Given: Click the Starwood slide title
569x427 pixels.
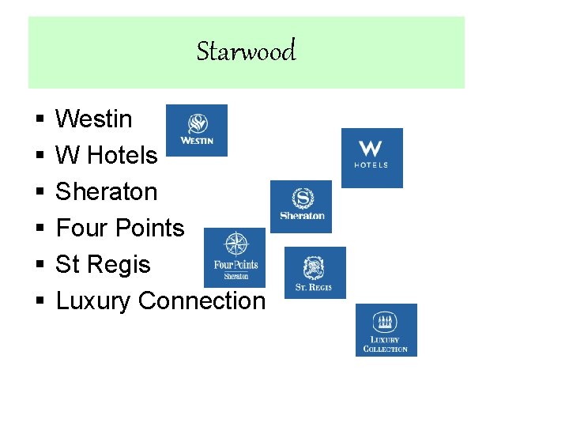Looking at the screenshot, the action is point(246,51).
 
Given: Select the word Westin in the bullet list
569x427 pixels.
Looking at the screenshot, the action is point(94,119).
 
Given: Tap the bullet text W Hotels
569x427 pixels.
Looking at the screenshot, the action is point(107,156).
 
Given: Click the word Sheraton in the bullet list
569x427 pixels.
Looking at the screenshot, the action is point(107,192).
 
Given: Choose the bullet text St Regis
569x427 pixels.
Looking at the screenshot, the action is point(103,264).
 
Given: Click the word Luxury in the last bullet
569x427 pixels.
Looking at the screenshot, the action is point(94,301).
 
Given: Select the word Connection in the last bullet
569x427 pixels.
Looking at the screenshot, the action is point(202,301).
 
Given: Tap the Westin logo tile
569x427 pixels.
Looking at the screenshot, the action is point(197,130).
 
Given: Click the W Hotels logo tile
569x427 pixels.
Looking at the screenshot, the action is point(371,158).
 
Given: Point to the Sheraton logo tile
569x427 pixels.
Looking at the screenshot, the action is point(301,206).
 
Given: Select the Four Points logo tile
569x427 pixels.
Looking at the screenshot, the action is point(235,257).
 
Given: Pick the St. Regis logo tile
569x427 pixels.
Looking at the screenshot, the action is point(315,273).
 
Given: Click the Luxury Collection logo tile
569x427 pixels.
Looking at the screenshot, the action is point(386,330).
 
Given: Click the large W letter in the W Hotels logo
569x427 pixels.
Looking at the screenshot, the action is point(371,149).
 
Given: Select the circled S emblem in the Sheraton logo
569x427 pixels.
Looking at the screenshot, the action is point(302,198).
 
